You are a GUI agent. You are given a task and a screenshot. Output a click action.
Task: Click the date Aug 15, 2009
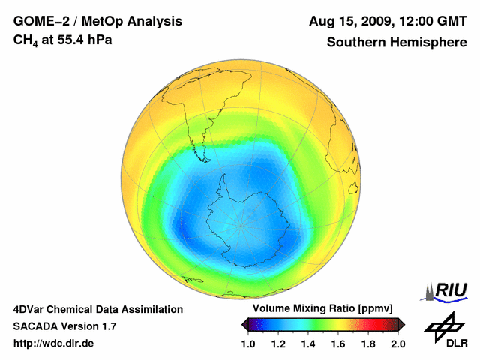tap(348, 21)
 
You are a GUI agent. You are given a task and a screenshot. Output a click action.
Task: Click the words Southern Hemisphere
tap(396, 43)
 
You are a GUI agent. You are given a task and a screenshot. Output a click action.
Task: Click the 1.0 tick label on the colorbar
tap(248, 344)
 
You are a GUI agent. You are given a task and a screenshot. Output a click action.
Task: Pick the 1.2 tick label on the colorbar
tap(278, 344)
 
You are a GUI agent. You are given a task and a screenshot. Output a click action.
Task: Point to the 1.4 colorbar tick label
tap(308, 344)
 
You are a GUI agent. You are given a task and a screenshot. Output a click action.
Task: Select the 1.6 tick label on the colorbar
tap(338, 344)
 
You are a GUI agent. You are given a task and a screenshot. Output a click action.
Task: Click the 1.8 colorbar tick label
tap(368, 344)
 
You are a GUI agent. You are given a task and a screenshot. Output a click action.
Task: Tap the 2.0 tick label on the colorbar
tap(397, 344)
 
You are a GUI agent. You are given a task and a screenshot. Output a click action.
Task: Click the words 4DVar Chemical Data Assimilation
tap(98, 309)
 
